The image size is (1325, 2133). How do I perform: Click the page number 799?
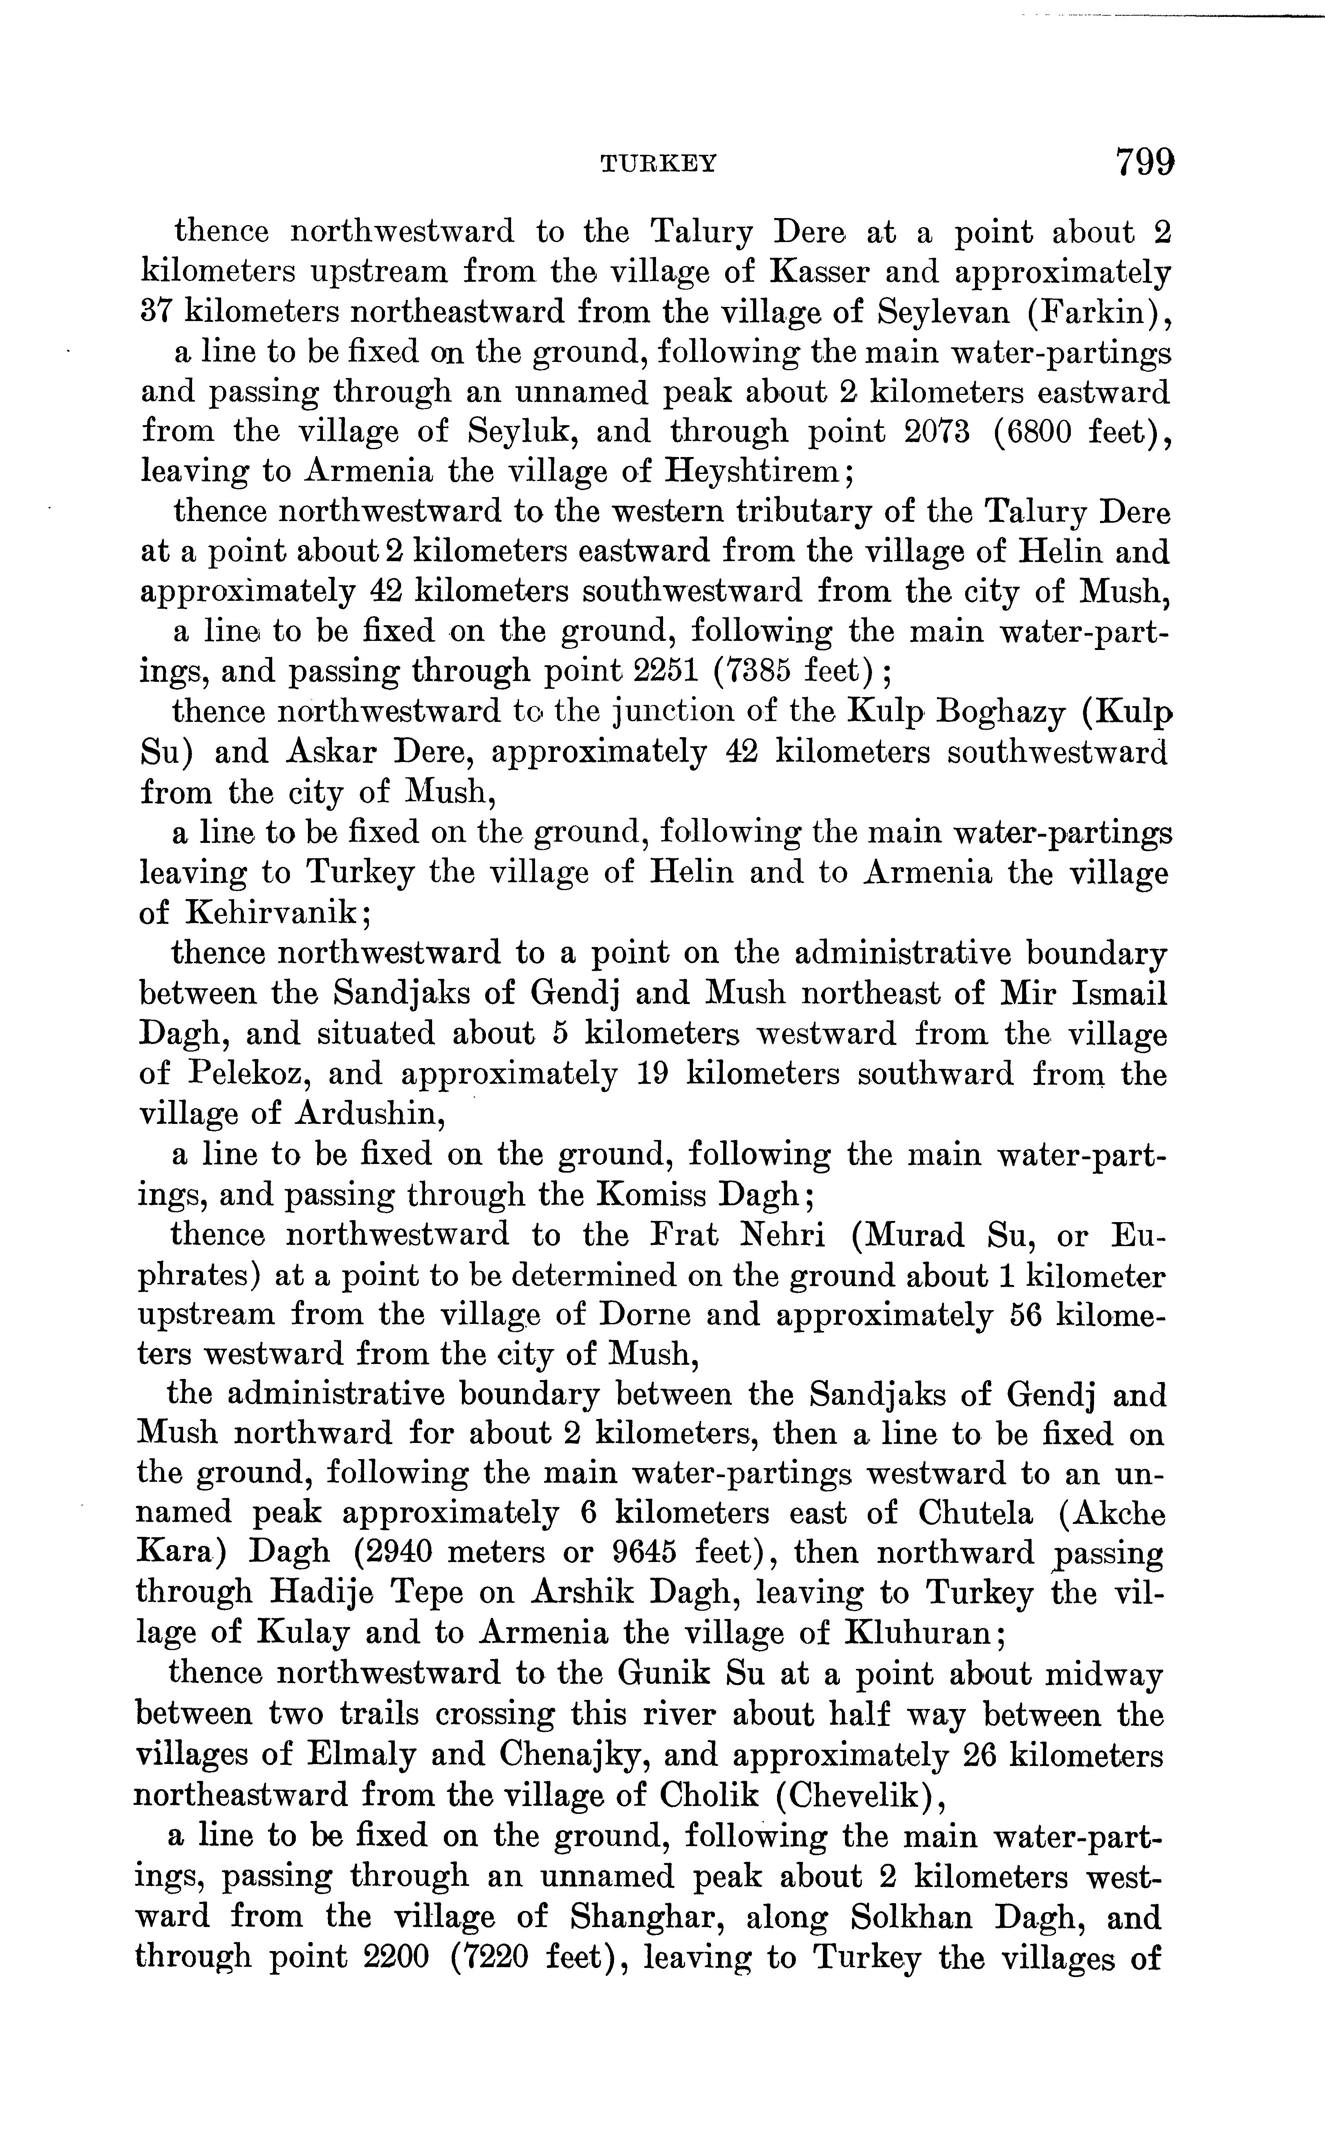(x=1144, y=163)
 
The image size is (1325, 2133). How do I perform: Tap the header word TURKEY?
(x=658, y=164)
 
